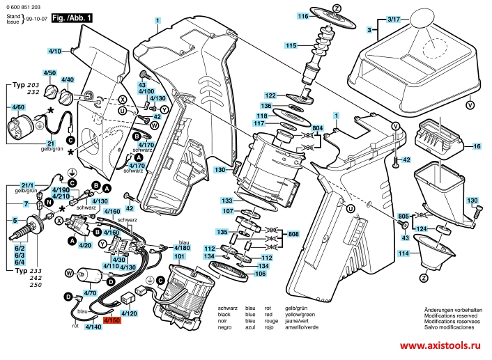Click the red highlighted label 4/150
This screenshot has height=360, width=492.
(x=112, y=320)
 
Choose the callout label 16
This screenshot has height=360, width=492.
(x=477, y=148)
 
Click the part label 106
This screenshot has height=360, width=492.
(x=259, y=273)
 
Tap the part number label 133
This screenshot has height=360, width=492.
(x=227, y=199)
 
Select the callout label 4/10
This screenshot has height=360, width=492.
(x=55, y=51)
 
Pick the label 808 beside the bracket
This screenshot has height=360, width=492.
(x=294, y=235)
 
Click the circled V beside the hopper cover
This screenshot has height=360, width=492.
(x=469, y=105)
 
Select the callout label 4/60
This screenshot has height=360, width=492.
(x=18, y=107)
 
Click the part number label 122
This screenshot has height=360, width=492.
(x=271, y=95)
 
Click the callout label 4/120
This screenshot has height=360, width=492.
(x=130, y=314)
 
